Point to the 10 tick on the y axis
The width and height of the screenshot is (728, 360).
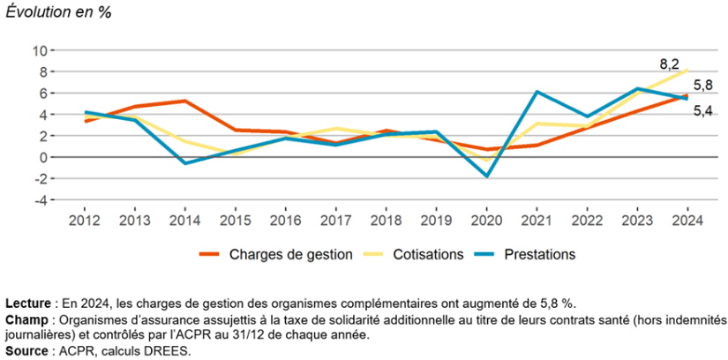(x=41, y=50)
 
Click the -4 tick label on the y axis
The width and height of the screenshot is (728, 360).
(x=41, y=199)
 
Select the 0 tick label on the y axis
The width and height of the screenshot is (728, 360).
(x=44, y=157)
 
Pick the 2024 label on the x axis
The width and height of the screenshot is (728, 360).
(x=687, y=219)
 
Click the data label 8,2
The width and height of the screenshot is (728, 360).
(x=670, y=64)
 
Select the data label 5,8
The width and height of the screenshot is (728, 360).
(x=702, y=85)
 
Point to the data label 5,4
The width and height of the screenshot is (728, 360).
(x=702, y=110)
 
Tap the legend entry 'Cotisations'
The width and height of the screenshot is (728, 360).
(x=430, y=254)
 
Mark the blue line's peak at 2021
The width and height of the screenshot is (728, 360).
(x=536, y=92)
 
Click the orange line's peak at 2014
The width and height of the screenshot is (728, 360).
(x=184, y=101)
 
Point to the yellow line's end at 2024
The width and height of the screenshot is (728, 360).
(x=687, y=70)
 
